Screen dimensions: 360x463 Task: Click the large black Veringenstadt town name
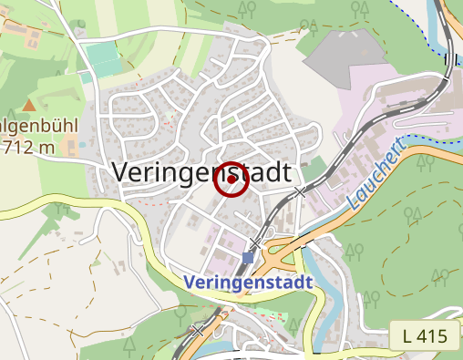[x=201, y=171]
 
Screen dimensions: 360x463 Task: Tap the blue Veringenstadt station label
[x=248, y=283]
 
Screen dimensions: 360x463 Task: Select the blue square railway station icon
[x=248, y=258]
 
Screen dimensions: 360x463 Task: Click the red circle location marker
[x=231, y=180]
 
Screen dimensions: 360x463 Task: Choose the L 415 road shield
[x=424, y=336]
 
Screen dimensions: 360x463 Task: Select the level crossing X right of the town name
[x=301, y=191]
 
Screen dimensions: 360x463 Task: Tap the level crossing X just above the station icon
[x=255, y=242]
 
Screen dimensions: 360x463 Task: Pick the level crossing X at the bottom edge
[x=199, y=330]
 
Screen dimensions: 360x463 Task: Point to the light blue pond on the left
[x=83, y=143]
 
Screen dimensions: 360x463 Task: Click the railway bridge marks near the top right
[x=449, y=61]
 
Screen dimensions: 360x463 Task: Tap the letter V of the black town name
[x=120, y=171]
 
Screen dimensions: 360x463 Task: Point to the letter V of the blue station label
[x=190, y=283]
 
